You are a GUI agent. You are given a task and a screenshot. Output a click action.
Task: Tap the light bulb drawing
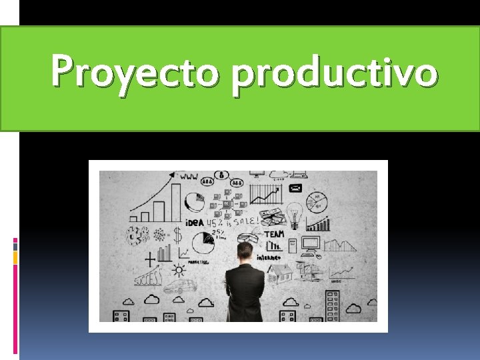click(294, 214)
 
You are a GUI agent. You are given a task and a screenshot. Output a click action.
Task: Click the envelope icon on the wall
click(295, 189)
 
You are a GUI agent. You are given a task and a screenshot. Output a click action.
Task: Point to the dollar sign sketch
click(177, 235)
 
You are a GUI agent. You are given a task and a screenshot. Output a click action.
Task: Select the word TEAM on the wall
click(274, 234)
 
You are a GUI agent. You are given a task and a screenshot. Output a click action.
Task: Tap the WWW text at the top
click(189, 178)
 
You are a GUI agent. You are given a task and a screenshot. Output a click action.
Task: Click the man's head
click(245, 251)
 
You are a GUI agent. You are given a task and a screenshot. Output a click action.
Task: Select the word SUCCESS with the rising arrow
click(148, 276)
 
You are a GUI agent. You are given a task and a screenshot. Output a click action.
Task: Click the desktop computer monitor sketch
click(311, 243)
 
